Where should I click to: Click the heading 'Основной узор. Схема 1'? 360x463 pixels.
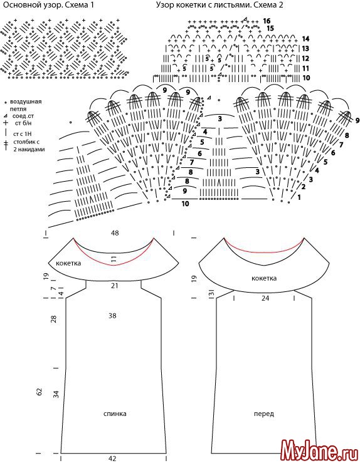point(48,5)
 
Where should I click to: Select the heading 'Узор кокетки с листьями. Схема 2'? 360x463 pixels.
point(220,5)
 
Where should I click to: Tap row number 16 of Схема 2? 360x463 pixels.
point(267,21)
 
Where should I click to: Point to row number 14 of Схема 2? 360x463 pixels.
point(305,39)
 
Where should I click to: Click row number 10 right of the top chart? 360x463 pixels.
point(306,78)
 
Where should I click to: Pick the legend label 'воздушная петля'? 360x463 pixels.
point(26,105)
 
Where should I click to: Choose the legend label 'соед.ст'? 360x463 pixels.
point(23,116)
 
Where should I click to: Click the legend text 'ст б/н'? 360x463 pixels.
point(23,123)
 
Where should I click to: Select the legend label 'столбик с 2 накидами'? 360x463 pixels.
point(29,146)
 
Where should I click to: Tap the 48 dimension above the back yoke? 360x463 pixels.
point(115,233)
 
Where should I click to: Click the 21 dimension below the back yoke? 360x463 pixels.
point(115,286)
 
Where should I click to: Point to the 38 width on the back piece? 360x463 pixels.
point(112,316)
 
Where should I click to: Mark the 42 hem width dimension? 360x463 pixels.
point(112,458)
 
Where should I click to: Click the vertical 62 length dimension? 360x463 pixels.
point(40,392)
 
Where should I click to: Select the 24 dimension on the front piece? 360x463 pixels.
point(265,298)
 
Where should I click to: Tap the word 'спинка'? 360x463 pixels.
point(115,414)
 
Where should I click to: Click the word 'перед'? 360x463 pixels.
point(264,414)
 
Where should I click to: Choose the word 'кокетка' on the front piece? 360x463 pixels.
point(264,278)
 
